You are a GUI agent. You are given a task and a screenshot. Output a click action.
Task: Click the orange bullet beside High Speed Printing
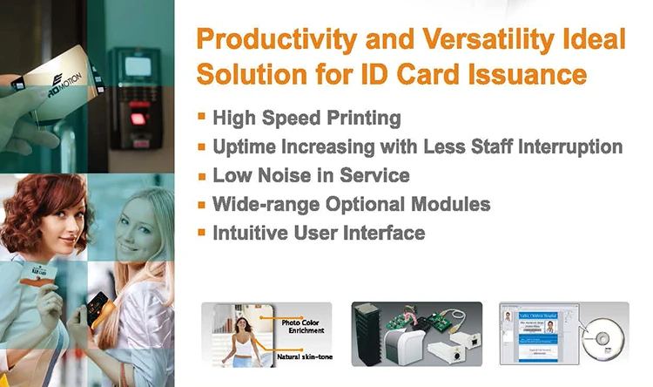point(202,116)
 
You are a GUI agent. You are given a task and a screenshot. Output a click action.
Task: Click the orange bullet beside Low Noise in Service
point(202,174)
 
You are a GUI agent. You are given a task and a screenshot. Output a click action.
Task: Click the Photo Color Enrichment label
point(303,326)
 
